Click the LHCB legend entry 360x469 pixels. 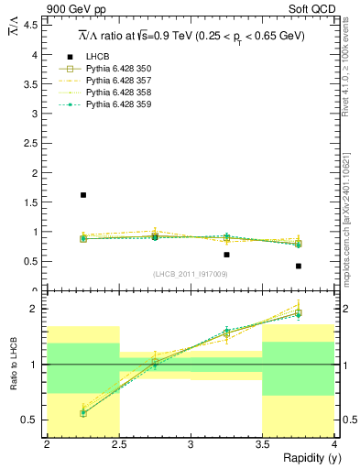97,56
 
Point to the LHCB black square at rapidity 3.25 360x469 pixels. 226,255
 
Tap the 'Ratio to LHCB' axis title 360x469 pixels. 14,364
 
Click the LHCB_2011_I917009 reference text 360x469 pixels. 191,275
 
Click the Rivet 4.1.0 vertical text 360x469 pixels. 351,64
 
